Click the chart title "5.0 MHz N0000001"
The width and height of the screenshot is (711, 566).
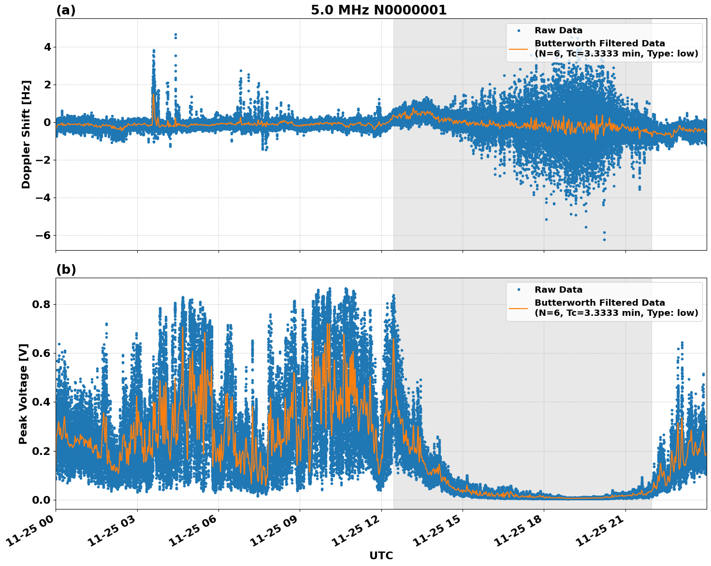[378, 10]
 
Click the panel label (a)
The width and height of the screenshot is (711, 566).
[66, 10]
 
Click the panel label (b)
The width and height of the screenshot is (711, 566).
[66, 269]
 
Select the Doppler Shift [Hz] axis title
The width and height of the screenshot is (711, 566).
[26, 134]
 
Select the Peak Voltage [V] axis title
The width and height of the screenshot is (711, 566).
[23, 394]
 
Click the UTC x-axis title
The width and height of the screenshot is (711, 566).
[381, 555]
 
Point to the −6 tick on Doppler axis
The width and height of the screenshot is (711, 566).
[43, 235]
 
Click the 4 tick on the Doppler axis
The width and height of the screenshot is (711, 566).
[47, 47]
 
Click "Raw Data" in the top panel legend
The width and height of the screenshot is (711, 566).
[558, 30]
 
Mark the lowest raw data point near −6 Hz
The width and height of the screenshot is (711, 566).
[604, 240]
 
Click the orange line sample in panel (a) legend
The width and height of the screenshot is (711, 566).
[518, 48]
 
